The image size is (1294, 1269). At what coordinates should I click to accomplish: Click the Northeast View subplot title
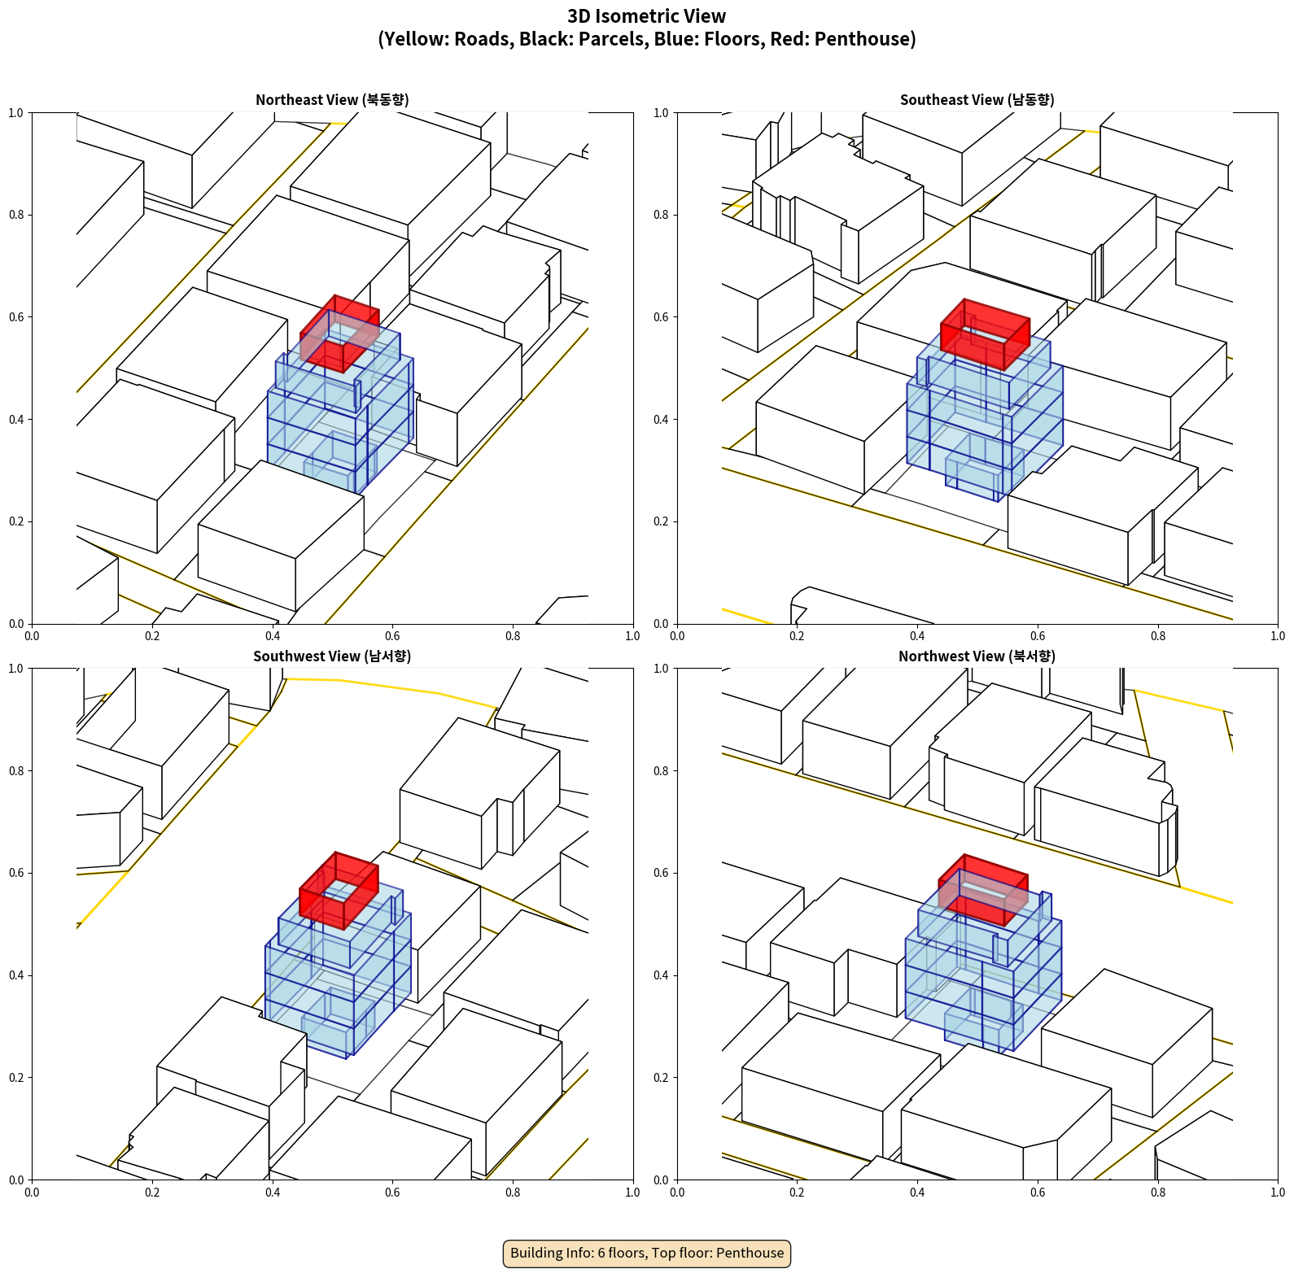coord(332,99)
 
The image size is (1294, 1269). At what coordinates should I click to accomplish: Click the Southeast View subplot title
coord(977,99)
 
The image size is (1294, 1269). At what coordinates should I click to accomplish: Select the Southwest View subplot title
coord(332,656)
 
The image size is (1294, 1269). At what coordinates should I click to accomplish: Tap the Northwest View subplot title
coord(977,656)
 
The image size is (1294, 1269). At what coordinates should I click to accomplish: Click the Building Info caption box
coord(647,1253)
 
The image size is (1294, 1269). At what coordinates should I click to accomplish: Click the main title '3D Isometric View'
coord(647,16)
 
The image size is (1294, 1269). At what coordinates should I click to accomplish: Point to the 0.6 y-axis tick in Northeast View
coord(16,317)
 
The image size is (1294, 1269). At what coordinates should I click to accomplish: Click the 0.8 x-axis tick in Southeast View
coord(1158,636)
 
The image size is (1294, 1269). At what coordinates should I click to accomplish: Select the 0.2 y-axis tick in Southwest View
coord(16,1078)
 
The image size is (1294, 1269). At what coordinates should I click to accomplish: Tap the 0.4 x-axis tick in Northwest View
coord(917,1193)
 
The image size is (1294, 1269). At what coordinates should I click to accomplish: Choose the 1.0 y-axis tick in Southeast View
coord(661,113)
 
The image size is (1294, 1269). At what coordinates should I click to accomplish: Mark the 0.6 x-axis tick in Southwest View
coord(392,1193)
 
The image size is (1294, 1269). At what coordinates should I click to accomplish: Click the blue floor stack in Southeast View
coord(985,415)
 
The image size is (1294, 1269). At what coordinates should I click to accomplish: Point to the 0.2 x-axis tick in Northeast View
coord(152,636)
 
